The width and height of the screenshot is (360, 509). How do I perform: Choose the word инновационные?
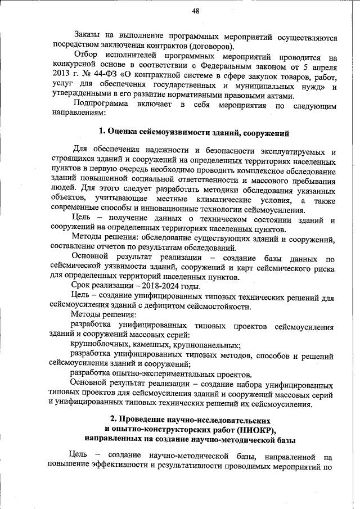pos(169,209)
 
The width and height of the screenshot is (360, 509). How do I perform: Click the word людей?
pos(60,190)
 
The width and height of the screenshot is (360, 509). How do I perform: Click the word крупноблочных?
pos(102,345)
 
